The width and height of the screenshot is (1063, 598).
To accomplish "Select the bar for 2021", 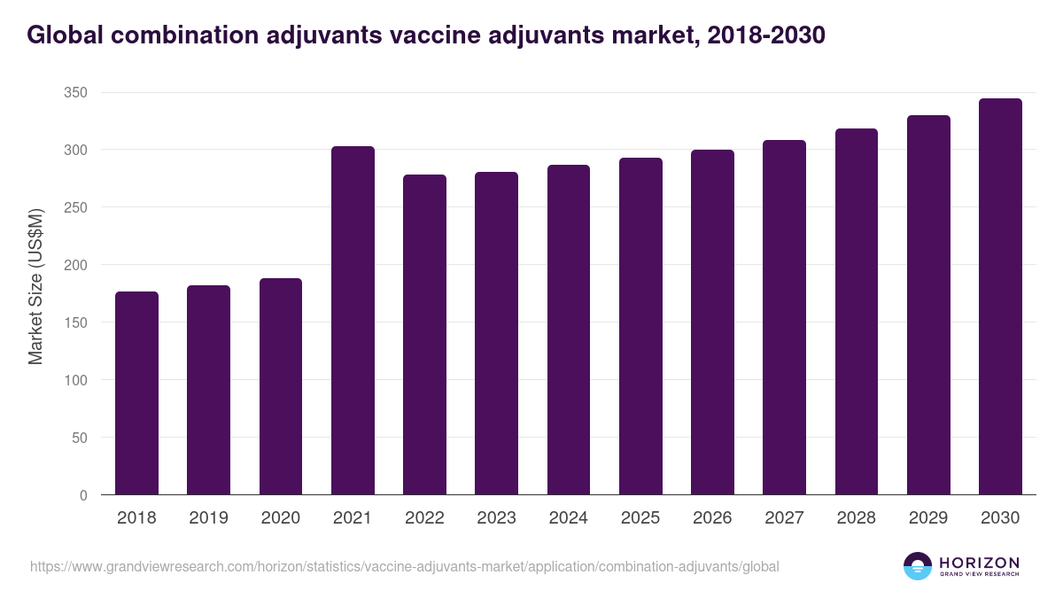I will point(353,321).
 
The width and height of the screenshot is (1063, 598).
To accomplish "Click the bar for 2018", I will point(136,393).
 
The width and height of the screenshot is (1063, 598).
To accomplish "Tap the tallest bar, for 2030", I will point(1000,297).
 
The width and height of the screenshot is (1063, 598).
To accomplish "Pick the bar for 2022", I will point(424,335).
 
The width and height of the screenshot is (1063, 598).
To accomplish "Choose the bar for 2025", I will point(640,326).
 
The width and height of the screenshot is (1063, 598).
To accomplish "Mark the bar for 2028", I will point(857,312).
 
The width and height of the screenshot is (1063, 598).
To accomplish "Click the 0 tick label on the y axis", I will point(83,495).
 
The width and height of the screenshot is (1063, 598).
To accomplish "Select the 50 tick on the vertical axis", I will point(80,438).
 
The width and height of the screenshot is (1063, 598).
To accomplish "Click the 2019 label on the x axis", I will point(208,518).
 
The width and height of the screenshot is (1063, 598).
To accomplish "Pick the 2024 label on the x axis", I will point(568,518).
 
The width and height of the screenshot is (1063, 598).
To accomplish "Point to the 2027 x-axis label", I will point(784,518).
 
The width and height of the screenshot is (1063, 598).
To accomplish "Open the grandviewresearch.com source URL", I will point(405,566).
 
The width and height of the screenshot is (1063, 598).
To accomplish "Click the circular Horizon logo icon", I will point(918,566).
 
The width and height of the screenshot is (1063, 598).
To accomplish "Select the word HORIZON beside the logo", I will point(979,563).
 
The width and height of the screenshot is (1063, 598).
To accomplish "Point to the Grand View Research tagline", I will point(979,575).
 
